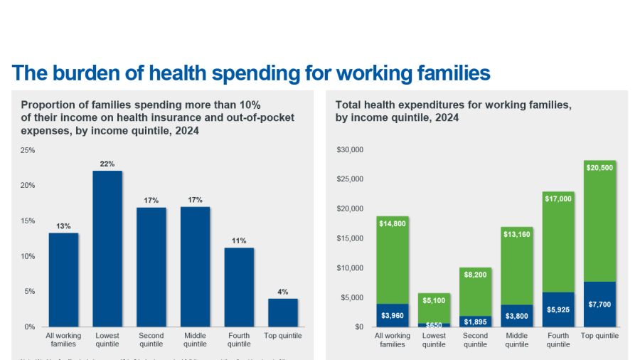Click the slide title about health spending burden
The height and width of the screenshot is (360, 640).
pyautogui.click(x=251, y=73)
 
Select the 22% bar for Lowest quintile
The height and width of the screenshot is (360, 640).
pyautogui.click(x=107, y=248)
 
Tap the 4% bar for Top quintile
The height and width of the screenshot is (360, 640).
pyautogui.click(x=283, y=312)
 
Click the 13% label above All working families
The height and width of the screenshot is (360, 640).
pyautogui.click(x=63, y=226)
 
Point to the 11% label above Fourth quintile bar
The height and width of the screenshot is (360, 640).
pyautogui.click(x=239, y=240)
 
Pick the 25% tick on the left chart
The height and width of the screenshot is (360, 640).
pyautogui.click(x=27, y=150)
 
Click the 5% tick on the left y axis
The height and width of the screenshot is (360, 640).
pyautogui.click(x=29, y=291)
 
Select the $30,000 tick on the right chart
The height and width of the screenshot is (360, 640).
pyautogui.click(x=350, y=149)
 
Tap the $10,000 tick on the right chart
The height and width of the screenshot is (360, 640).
pyautogui.click(x=350, y=268)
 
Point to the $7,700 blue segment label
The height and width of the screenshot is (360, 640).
pyautogui.click(x=599, y=305)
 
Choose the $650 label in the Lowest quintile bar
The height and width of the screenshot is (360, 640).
pyautogui.click(x=434, y=324)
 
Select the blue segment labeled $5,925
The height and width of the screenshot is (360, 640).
pyautogui.click(x=558, y=309)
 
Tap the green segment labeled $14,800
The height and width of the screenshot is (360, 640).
pyautogui.click(x=392, y=260)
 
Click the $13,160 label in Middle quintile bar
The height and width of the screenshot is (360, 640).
pyautogui.click(x=516, y=234)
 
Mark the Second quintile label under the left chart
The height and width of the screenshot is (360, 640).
pyautogui.click(x=151, y=339)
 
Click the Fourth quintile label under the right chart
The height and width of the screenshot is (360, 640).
pyautogui.click(x=558, y=339)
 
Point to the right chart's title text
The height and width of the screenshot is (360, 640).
pyautogui.click(x=453, y=111)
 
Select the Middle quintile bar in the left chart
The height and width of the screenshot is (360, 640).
pyautogui.click(x=195, y=266)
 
